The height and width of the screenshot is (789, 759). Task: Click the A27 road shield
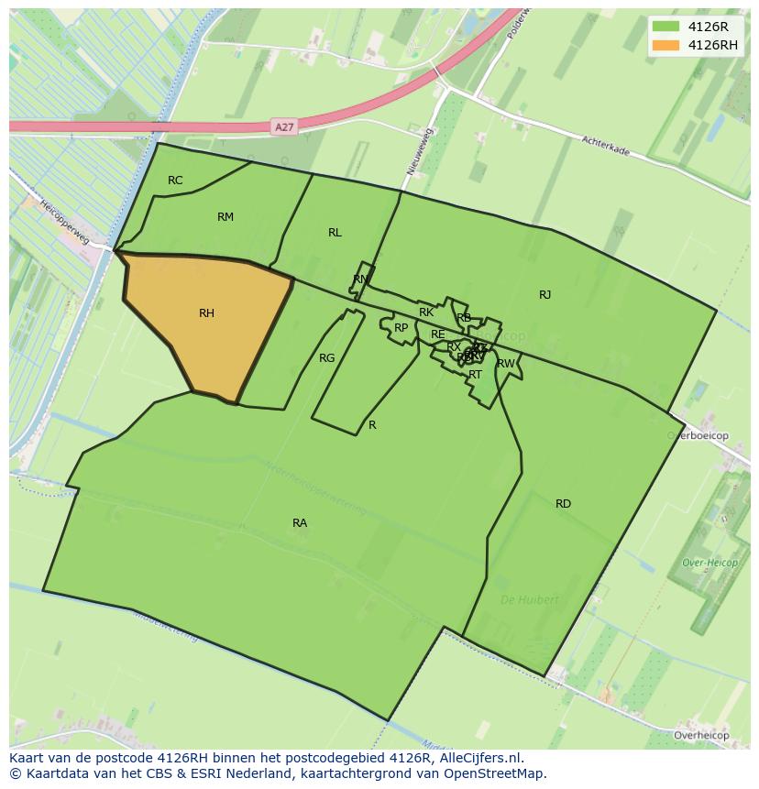[284, 126]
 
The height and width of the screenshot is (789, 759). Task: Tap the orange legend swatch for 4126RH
[666, 45]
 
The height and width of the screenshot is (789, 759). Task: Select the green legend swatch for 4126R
[666, 27]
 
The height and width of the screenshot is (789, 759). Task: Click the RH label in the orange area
[206, 313]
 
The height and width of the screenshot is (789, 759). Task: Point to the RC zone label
[175, 181]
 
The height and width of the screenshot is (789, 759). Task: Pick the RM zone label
[225, 217]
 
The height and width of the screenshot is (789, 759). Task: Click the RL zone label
[335, 233]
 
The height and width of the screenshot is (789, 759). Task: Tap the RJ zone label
[544, 295]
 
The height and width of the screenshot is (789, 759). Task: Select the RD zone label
[563, 504]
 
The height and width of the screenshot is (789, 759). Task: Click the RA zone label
[300, 523]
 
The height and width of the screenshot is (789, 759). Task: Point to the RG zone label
[326, 358]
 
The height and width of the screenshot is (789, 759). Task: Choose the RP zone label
[401, 328]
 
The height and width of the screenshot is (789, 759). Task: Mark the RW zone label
[505, 364]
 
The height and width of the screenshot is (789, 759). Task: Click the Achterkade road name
[605, 145]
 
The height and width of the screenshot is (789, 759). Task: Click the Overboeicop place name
[698, 436]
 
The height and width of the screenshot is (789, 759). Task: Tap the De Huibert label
[529, 600]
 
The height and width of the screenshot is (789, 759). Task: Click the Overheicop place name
[700, 736]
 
